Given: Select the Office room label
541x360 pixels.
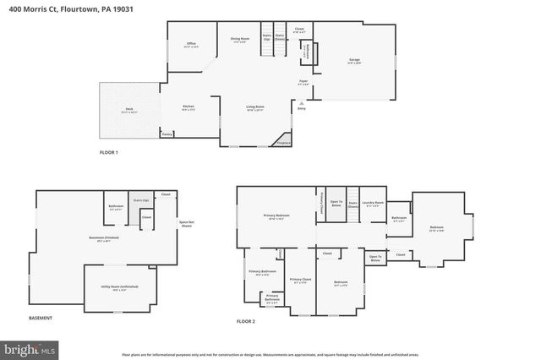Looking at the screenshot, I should pyautogui.click(x=191, y=44).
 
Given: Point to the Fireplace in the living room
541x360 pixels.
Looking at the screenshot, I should pyautogui.click(x=284, y=143).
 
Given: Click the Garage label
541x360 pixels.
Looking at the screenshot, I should pyautogui.click(x=354, y=60).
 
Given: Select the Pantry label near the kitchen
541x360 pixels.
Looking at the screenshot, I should pyautogui.click(x=167, y=134).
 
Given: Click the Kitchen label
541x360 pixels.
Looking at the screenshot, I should pyautogui.click(x=189, y=106).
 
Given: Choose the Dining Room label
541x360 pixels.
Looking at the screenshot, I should pyautogui.click(x=240, y=39).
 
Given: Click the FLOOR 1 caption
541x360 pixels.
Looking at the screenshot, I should pyautogui.click(x=109, y=152).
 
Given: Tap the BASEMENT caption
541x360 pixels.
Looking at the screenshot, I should pyautogui.click(x=41, y=318).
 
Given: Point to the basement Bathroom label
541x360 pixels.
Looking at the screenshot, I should pyautogui.click(x=116, y=206).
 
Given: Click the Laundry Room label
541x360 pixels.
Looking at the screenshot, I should pyautogui.click(x=373, y=202).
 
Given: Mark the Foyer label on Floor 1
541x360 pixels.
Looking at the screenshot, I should pyautogui.click(x=303, y=82).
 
